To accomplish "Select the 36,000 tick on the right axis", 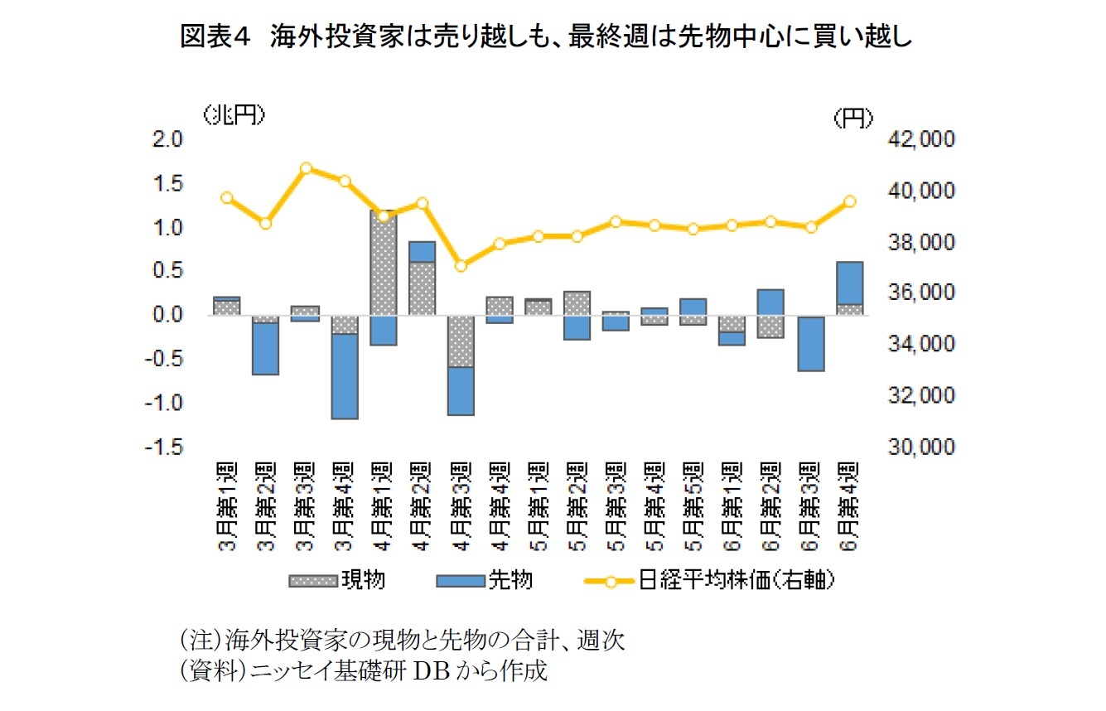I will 920,293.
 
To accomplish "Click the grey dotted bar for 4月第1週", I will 384,263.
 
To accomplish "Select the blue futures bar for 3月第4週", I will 345,376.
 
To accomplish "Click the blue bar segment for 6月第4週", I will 849,283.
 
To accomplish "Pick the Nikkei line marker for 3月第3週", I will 307,168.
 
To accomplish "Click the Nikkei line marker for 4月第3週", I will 461,266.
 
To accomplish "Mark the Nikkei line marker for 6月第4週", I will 849,201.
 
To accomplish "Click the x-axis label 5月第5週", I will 694,501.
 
